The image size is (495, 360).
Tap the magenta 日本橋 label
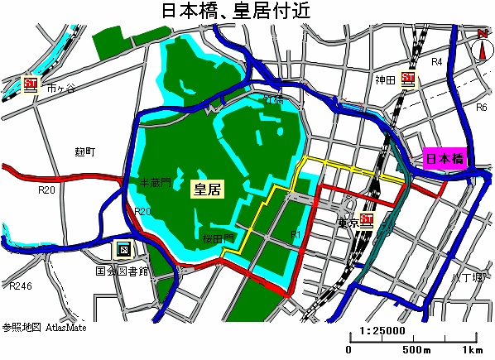pyautogui.click(x=445, y=159)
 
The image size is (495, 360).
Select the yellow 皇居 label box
pyautogui.click(x=207, y=189)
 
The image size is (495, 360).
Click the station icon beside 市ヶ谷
pyautogui.click(x=31, y=84)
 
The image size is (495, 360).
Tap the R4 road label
pyautogui.click(x=438, y=62)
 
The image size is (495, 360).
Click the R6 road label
pyautogui.click(x=479, y=108)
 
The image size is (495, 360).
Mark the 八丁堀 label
pyautogui.click(x=467, y=276)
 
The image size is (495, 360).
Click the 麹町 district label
pyautogui.click(x=85, y=151)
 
